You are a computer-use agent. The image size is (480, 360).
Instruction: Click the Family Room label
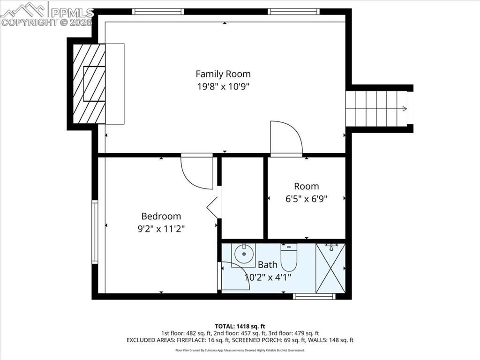click(x=223, y=74)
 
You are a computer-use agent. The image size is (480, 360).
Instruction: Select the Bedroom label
click(x=161, y=216)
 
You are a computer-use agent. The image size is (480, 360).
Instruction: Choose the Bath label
click(x=267, y=265)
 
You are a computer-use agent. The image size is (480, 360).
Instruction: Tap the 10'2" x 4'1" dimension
click(x=268, y=277)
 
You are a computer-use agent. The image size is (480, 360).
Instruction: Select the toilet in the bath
click(x=289, y=255)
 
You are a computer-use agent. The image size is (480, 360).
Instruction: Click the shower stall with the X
click(x=330, y=268)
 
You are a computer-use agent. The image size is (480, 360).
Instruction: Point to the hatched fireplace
click(x=89, y=84)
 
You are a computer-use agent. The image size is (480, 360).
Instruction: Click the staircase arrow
click(x=403, y=109)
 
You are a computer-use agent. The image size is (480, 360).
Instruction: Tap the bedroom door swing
click(x=197, y=172)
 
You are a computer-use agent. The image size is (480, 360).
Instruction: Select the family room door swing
click(x=286, y=138)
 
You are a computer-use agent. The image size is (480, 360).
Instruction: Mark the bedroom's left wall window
click(x=95, y=232)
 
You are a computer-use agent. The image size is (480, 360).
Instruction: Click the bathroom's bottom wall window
click(x=314, y=296)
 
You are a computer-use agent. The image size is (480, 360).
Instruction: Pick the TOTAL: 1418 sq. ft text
click(x=240, y=326)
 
